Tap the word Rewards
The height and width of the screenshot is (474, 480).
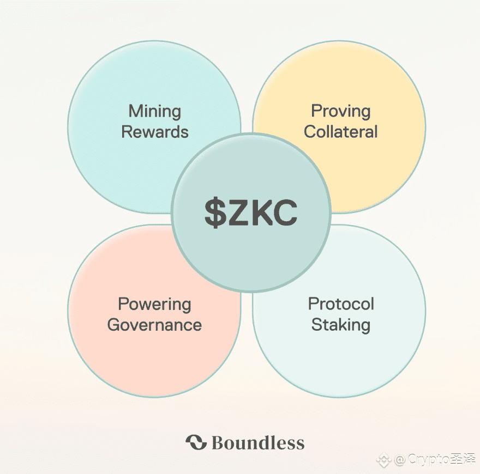(x=155, y=132)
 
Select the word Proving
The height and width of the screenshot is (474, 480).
(x=340, y=112)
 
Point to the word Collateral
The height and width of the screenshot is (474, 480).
(x=340, y=132)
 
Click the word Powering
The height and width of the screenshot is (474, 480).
(x=154, y=305)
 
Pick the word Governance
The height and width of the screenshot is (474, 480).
(x=154, y=325)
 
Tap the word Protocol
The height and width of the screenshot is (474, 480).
(x=341, y=304)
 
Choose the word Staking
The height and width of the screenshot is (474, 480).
(x=341, y=325)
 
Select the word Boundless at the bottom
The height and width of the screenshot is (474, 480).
(x=257, y=442)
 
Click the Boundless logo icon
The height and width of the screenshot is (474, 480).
(x=196, y=442)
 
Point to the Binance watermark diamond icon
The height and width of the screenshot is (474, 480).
(x=385, y=460)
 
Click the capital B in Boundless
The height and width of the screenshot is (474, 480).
(x=218, y=442)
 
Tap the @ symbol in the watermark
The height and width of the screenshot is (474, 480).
(x=400, y=460)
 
